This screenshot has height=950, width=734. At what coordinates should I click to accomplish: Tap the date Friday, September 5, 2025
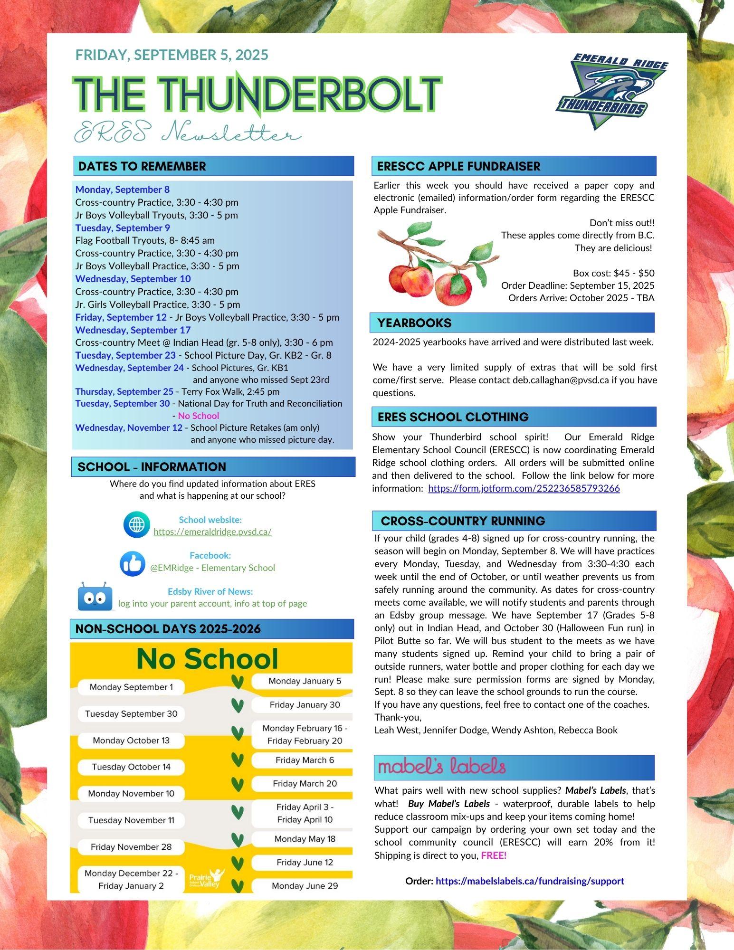point(172,55)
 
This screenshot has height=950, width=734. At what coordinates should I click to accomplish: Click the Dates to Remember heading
point(142,166)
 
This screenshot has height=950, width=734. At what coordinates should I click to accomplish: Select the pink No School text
point(199,416)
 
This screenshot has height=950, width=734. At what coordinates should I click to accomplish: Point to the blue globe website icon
point(136,525)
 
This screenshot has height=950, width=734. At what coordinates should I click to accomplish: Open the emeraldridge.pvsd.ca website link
point(212,532)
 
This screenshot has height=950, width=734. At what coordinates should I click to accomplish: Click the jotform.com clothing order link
point(524,488)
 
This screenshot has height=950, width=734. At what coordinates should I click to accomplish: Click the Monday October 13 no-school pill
point(131,740)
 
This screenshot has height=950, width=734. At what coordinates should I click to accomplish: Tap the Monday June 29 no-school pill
point(305,885)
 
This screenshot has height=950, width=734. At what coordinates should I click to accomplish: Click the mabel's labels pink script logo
point(442,767)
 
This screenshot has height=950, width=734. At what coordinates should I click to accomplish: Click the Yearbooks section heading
point(414,323)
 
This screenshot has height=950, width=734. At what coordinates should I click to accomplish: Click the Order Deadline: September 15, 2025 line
point(577,285)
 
